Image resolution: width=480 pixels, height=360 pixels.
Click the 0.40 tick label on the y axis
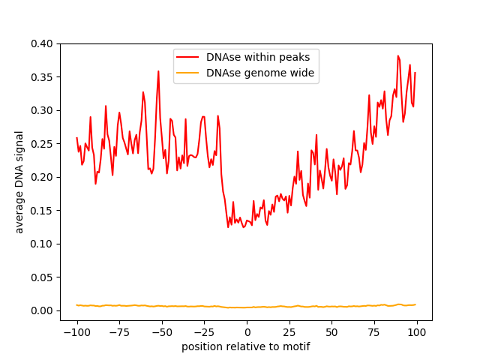point(43,43)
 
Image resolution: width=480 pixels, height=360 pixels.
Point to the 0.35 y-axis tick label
point(43,77)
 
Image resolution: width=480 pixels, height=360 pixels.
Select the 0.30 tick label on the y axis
point(43,110)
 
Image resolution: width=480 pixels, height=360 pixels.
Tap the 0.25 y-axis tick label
point(43,144)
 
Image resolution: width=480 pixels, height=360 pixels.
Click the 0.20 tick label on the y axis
point(43,177)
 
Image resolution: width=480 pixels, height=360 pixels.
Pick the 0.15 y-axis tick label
point(43,211)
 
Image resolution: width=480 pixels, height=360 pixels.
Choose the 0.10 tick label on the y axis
point(43,244)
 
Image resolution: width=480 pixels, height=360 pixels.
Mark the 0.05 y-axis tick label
point(43,277)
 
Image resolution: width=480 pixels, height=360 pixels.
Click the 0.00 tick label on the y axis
point(43,310)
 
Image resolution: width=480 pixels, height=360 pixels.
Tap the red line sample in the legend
point(188,57)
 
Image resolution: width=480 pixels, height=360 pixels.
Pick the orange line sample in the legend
point(188,73)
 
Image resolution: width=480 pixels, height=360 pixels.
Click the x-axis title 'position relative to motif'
point(246,346)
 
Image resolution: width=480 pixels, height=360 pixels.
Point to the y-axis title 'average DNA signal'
point(19,181)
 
